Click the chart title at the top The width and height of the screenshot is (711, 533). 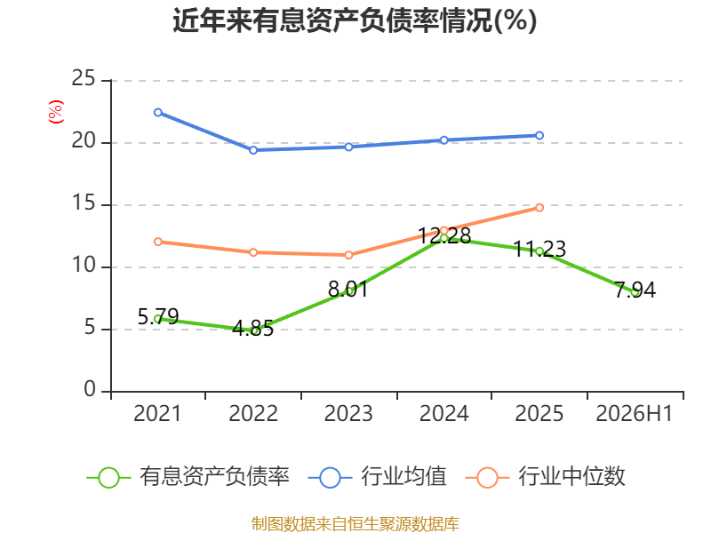pyautogui.click(x=355, y=20)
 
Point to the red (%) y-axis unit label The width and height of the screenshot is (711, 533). pyautogui.click(x=56, y=112)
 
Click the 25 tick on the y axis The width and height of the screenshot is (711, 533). pyautogui.click(x=84, y=78)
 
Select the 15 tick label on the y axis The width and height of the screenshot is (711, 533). pyautogui.click(x=84, y=203)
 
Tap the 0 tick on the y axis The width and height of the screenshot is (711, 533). pyautogui.click(x=90, y=389)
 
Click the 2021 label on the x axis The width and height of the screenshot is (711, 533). pyautogui.click(x=157, y=413)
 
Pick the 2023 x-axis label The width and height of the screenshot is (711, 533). pyautogui.click(x=348, y=413)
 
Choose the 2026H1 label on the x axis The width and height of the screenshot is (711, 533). pyautogui.click(x=634, y=413)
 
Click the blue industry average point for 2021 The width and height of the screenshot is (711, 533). pyautogui.click(x=158, y=113)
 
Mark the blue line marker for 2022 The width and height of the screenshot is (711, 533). pyautogui.click(x=253, y=150)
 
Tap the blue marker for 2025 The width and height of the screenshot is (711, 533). pyautogui.click(x=539, y=136)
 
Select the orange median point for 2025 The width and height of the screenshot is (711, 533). pyautogui.click(x=539, y=208)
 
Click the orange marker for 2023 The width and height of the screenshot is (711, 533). pyautogui.click(x=348, y=255)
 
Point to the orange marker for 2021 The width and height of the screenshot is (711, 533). pyautogui.click(x=158, y=242)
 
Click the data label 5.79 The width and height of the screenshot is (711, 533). pyautogui.click(x=158, y=316)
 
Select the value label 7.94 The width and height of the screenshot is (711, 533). pyautogui.click(x=635, y=290)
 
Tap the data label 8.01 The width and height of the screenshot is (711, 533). pyautogui.click(x=348, y=290)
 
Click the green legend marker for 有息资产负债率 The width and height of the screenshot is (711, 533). pyautogui.click(x=108, y=478)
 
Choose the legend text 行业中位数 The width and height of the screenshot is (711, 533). pyautogui.click(x=571, y=476)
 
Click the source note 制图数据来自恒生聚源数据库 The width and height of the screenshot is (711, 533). pyautogui.click(x=355, y=524)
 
